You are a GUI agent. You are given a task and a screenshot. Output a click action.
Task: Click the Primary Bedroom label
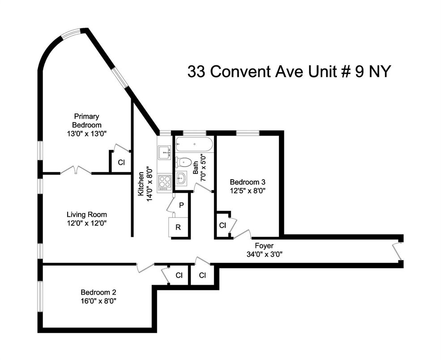(86, 120)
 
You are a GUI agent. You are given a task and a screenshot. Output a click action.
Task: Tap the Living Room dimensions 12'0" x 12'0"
(86, 223)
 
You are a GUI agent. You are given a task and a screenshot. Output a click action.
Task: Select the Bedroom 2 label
(98, 292)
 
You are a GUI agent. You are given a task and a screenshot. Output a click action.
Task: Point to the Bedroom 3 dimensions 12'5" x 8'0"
(248, 191)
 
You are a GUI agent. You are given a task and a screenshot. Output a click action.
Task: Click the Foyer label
(264, 246)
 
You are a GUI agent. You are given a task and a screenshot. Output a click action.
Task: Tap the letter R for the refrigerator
(178, 227)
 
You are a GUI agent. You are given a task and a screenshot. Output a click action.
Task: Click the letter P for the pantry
(181, 206)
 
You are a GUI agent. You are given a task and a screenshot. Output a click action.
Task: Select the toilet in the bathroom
(184, 162)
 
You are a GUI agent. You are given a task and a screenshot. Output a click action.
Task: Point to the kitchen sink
(164, 153)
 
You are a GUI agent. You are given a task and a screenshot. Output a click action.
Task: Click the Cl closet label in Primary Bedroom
(121, 162)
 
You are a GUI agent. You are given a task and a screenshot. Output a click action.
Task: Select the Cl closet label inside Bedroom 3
(223, 225)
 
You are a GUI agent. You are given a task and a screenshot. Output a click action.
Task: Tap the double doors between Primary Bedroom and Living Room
(76, 170)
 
